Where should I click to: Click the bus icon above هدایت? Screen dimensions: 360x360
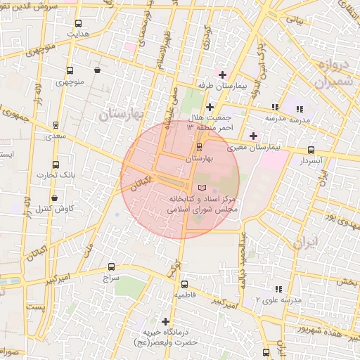click(78, 22)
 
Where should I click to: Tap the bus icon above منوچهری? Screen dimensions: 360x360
click(69, 71)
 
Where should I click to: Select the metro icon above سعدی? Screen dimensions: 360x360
click(55, 125)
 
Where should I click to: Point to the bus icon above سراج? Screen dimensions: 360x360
click(111, 267)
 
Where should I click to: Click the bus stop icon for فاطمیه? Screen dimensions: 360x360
click(184, 285)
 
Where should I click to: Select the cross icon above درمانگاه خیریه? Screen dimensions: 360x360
click(165, 321)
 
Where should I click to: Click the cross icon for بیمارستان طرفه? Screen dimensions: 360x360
click(222, 75)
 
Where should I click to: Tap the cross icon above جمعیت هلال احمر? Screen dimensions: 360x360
click(210, 107)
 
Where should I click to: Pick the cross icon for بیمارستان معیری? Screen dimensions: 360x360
click(253, 136)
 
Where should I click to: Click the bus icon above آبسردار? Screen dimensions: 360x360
click(311, 150)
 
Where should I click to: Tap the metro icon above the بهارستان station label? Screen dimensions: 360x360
click(199, 147)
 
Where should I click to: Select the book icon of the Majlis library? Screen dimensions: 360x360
click(202, 188)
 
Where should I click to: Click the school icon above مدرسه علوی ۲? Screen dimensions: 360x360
click(278, 289)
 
